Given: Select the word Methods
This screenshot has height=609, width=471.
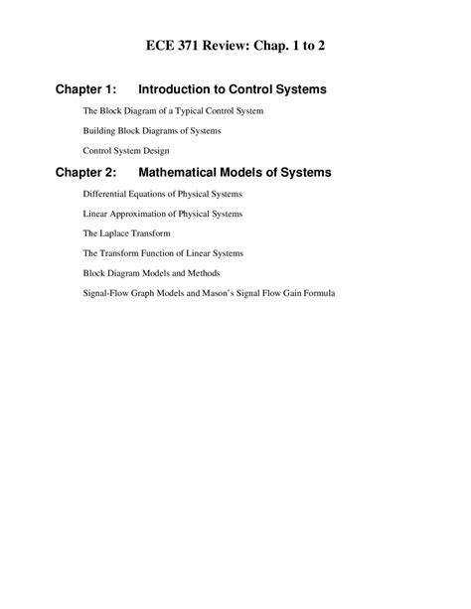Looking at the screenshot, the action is pos(203,273).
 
